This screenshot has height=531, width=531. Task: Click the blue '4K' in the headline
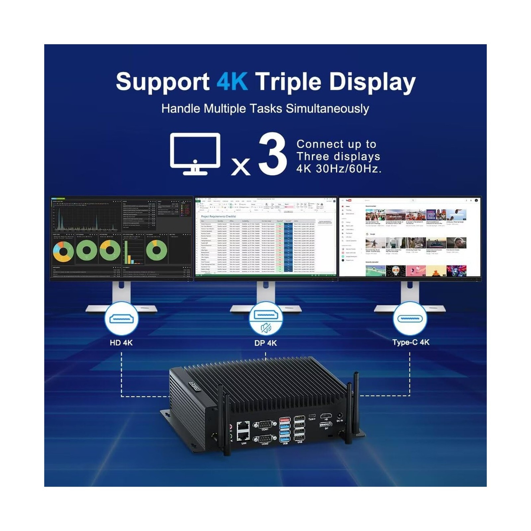232,82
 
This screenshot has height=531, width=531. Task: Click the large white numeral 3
272,154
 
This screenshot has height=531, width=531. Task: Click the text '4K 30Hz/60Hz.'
339,169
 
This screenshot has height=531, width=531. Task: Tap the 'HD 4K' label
121,342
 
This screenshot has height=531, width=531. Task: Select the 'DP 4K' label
265,343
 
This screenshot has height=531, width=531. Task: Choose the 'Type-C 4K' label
411,342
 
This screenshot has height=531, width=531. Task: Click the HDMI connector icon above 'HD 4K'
121,319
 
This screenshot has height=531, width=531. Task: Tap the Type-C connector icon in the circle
410,319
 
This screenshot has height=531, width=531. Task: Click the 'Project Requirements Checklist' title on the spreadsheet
218,216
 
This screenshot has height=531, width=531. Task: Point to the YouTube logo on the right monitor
348,200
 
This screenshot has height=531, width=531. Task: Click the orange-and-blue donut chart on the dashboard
63,251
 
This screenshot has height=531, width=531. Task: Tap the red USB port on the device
285,420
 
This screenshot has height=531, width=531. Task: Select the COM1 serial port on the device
265,424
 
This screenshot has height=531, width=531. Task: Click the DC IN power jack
340,416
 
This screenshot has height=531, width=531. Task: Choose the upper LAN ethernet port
244,425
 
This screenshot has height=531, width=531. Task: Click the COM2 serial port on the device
265,439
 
